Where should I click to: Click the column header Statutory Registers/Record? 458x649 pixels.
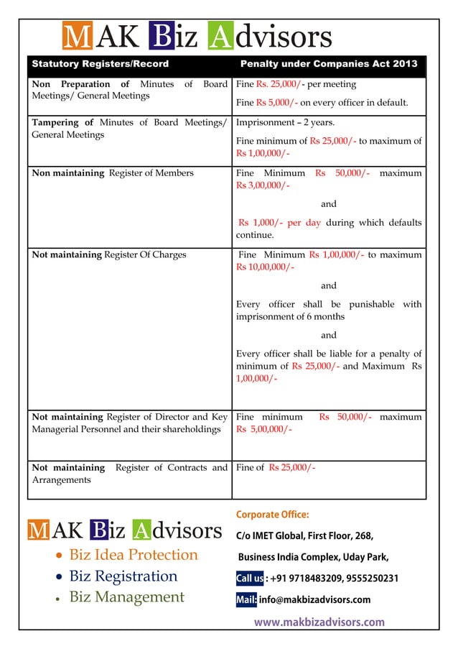[x=101, y=64]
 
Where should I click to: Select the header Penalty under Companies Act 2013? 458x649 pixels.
[x=328, y=64]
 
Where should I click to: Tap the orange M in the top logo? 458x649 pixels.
[x=73, y=37]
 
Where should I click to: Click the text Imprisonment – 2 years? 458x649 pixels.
[x=280, y=122]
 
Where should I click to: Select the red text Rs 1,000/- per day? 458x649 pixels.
[x=279, y=223]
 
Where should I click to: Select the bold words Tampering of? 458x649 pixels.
[x=64, y=122]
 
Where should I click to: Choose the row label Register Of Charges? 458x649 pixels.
[x=145, y=254]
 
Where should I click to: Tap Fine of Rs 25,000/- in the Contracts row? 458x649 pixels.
[x=276, y=468]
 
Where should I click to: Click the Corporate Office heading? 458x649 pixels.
[x=272, y=515]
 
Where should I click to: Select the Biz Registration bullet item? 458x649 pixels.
[x=123, y=576]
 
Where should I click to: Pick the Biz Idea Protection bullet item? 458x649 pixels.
[x=133, y=555]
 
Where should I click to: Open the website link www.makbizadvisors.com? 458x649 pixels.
[x=319, y=622]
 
